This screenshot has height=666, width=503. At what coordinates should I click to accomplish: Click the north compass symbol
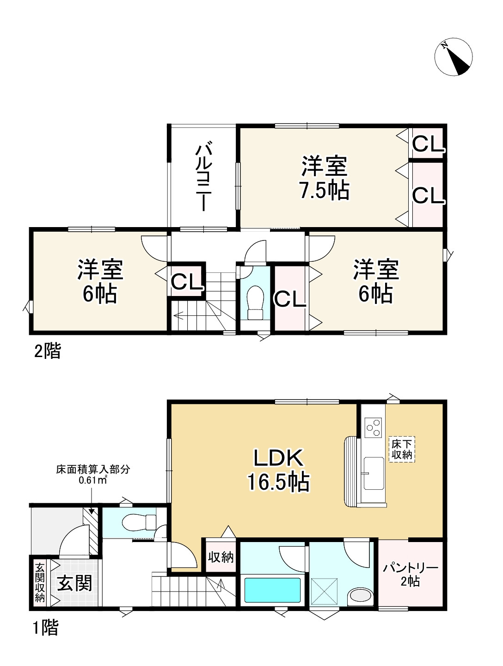pos(454,57)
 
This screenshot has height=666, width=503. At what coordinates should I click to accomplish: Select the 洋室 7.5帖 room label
pos(324,179)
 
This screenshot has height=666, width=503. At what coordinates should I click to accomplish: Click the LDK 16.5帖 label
pos(278,469)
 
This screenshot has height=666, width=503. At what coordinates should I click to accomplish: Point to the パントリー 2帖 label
pos(410,574)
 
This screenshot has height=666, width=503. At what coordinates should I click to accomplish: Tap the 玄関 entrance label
pos(74,583)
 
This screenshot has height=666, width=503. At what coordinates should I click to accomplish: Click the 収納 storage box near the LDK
pos(221,557)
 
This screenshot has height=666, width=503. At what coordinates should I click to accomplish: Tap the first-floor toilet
pos(139,523)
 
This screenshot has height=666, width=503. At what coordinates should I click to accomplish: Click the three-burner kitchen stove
pos(373,427)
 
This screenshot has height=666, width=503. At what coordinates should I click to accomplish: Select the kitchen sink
pos(373,473)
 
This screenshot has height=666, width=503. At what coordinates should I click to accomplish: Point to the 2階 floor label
pos(47,352)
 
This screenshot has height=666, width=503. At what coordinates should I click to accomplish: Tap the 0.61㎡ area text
pos(93,480)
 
